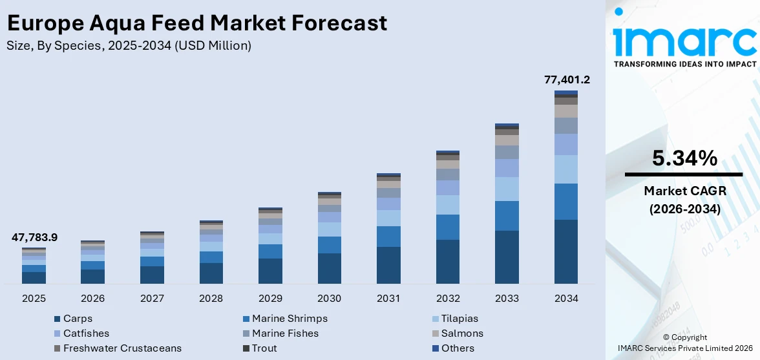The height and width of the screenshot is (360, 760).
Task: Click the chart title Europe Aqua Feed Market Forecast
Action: (197, 23)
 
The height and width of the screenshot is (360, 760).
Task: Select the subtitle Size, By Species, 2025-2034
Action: (129, 45)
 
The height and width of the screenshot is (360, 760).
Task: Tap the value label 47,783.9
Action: (34, 237)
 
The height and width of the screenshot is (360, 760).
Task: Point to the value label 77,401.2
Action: (567, 80)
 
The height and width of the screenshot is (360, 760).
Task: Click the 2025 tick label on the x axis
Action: (34, 299)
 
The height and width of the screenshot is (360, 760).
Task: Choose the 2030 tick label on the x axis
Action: (330, 299)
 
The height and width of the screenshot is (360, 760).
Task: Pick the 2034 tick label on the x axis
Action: (566, 299)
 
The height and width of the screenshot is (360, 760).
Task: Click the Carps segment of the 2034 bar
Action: (566, 251)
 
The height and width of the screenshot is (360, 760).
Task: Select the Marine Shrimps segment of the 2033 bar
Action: (507, 216)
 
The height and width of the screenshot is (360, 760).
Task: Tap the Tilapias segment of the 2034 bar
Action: (566, 169)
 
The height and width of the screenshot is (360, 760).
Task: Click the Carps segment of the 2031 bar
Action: (388, 265)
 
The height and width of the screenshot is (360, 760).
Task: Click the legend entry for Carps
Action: (78, 319)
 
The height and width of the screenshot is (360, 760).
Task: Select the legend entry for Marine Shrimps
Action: (290, 319)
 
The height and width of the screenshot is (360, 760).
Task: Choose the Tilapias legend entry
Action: (459, 319)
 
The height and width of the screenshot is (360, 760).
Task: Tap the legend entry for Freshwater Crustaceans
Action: (122, 348)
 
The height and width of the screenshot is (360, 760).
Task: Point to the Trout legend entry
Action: (264, 348)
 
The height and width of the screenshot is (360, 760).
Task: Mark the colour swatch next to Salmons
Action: (436, 334)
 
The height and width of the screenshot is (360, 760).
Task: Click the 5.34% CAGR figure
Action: (684, 158)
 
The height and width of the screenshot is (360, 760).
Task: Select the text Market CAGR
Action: (684, 191)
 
